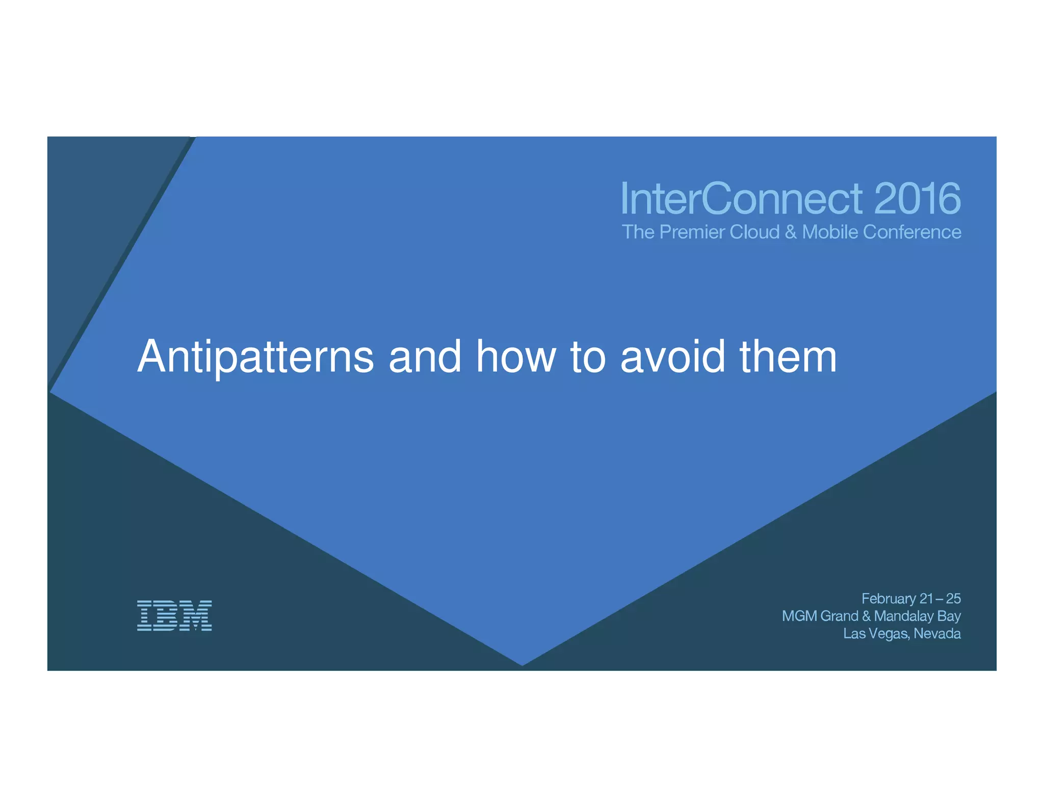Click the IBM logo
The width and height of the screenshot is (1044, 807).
coord(174,615)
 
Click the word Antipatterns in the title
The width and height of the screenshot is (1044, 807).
coord(255,357)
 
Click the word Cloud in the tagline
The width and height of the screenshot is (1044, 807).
coord(754,232)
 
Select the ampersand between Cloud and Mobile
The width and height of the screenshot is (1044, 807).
coord(791,233)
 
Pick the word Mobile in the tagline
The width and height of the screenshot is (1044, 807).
coord(830,232)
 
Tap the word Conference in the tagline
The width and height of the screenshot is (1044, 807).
coord(912,232)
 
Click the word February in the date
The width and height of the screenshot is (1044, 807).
coord(889,599)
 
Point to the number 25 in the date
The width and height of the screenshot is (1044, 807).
coord(953,598)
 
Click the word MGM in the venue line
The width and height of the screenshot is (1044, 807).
coord(799,616)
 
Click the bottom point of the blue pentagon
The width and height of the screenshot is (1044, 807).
coord(522,664)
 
